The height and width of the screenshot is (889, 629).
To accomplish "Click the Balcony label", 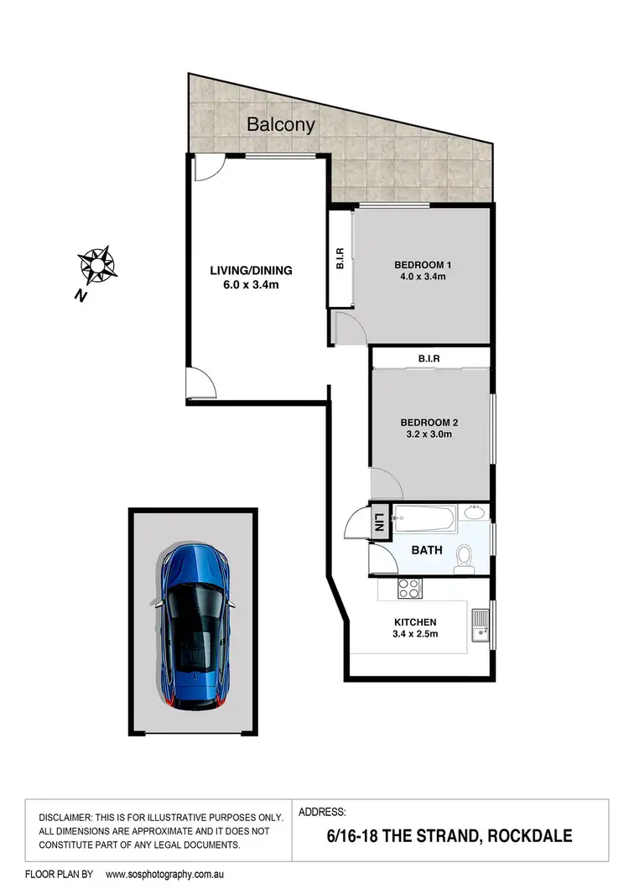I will pos(281,125).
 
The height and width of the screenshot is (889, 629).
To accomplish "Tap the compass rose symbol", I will pos(96,265).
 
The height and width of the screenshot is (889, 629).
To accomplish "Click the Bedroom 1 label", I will pos(422,266).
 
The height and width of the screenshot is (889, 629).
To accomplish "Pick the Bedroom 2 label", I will pos(429,422).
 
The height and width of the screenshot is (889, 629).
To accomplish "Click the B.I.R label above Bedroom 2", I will pos(429,359).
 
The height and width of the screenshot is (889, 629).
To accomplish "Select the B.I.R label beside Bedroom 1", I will pos(340,262).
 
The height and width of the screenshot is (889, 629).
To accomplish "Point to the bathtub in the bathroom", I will pos(425,520).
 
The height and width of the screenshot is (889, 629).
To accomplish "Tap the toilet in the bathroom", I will pos(464,558).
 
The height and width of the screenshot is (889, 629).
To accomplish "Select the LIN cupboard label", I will pos(379,522).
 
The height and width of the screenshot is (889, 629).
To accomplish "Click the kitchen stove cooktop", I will pos(409,589).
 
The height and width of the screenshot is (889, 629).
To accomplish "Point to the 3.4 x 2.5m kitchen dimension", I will pos(415,635).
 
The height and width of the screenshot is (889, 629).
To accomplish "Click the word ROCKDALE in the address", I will pos(532,836).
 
